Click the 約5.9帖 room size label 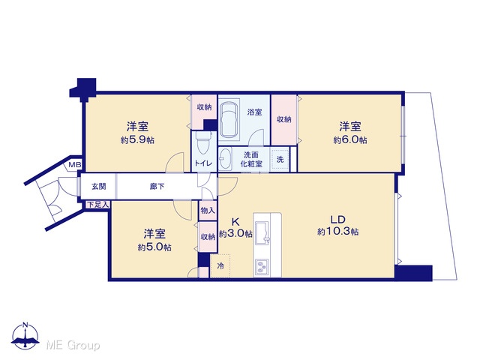(x=137, y=140)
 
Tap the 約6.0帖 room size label (x=350, y=140)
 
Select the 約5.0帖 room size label (x=154, y=247)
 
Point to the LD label (x=338, y=219)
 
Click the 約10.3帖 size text (x=338, y=232)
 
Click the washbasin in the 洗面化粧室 (x=226, y=159)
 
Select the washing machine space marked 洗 (x=280, y=159)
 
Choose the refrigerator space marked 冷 (x=220, y=265)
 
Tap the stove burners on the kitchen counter (x=262, y=266)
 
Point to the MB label (x=74, y=165)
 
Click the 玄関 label (x=98, y=186)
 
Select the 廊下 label (x=157, y=186)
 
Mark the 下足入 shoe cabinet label (x=97, y=205)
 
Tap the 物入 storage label (x=208, y=210)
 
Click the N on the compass (x=25, y=325)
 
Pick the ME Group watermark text (x=73, y=346)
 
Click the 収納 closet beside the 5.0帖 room (x=208, y=237)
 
